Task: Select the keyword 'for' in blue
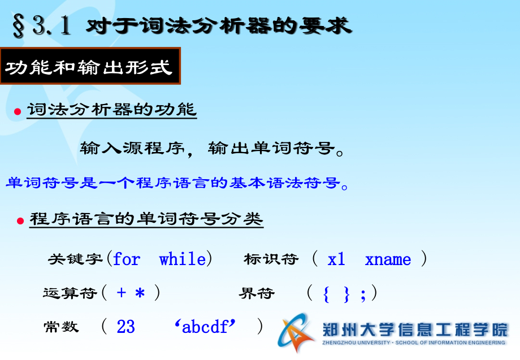pos(127,259)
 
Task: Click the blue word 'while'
pos(182,259)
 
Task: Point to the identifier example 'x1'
pos(336,259)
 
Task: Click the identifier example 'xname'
pos(388,260)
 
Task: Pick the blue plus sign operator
pos(122,293)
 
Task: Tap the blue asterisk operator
pos(140,294)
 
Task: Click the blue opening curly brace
pos(327,294)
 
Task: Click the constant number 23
pos(126,327)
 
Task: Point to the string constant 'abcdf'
pos(205,327)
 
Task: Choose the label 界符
pos(257,293)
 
